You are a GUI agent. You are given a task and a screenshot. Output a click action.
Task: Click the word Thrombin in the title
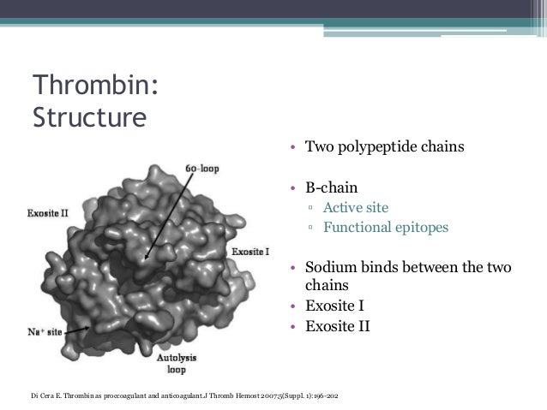(91, 86)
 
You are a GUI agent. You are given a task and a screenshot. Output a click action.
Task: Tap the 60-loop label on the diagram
(202, 169)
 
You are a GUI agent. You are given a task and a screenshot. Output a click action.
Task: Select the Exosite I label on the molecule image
(251, 253)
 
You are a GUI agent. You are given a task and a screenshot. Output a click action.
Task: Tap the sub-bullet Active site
(355, 208)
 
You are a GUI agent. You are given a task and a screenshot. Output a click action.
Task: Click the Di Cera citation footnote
(184, 395)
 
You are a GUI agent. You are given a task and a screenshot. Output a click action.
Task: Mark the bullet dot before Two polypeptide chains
(293, 147)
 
